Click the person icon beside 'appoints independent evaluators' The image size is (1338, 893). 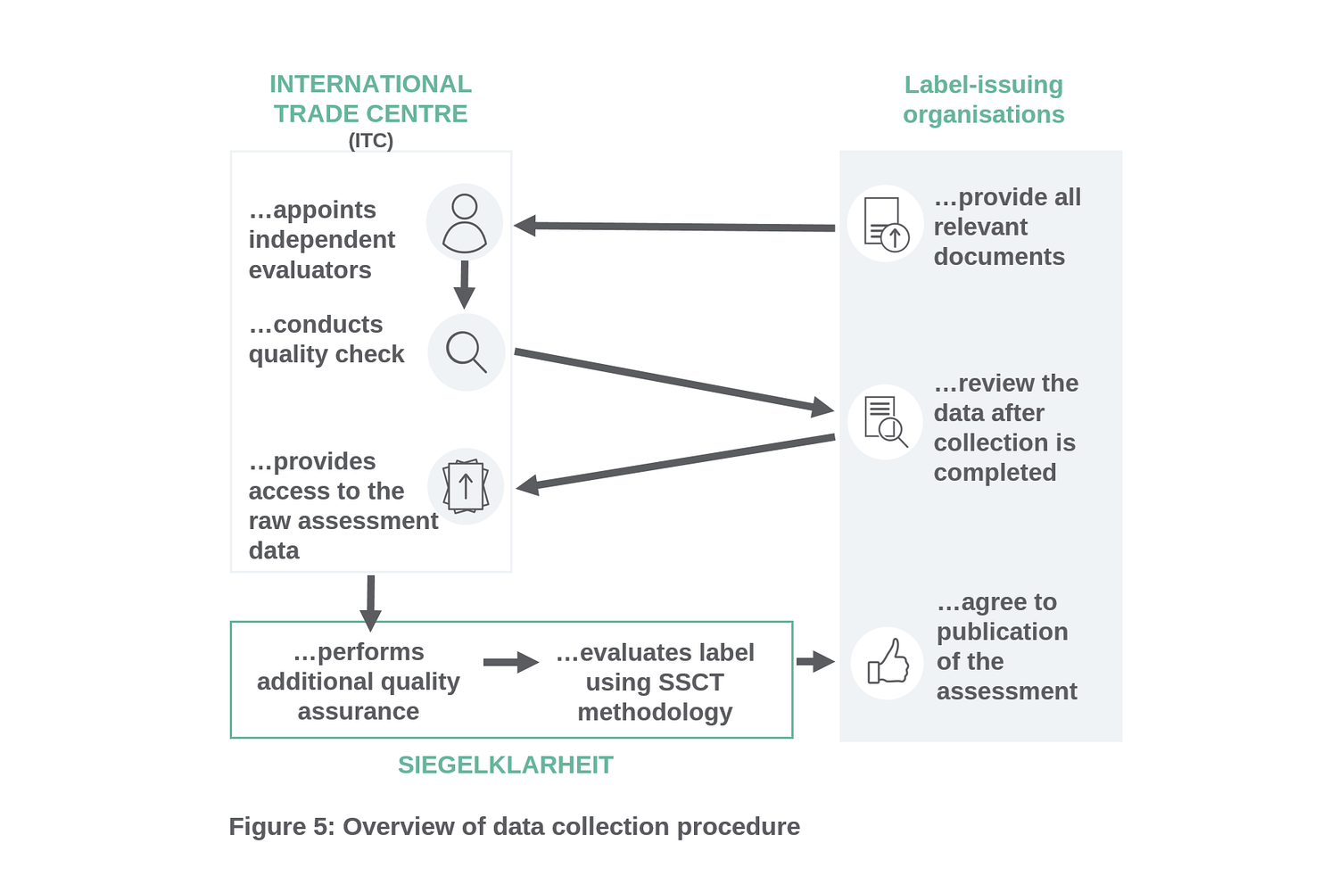pos(464,222)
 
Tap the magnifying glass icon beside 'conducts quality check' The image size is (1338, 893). pos(466,351)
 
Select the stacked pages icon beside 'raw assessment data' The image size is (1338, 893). pos(466,486)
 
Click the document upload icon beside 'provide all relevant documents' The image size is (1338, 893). pos(886,223)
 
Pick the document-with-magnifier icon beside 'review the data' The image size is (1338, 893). pos(886,421)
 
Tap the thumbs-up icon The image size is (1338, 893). pos(888,663)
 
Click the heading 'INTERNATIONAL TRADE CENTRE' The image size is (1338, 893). pos(370,98)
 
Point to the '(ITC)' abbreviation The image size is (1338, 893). pos(370,140)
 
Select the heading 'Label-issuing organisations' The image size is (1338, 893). pos(983,99)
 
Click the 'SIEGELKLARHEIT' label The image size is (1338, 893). pos(505,765)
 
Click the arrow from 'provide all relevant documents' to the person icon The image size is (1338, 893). pos(675,227)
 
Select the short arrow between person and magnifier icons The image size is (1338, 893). pos(464,284)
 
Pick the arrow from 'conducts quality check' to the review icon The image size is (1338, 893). pos(673,381)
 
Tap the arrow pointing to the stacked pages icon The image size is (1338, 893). pos(675,462)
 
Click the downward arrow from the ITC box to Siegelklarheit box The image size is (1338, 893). pos(370,602)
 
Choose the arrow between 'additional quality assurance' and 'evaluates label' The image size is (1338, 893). pos(510,662)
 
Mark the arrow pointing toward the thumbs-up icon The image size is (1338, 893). pos(814,662)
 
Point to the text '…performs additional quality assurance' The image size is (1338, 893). pos(358,682)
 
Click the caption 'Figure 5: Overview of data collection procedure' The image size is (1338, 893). pos(514,827)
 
